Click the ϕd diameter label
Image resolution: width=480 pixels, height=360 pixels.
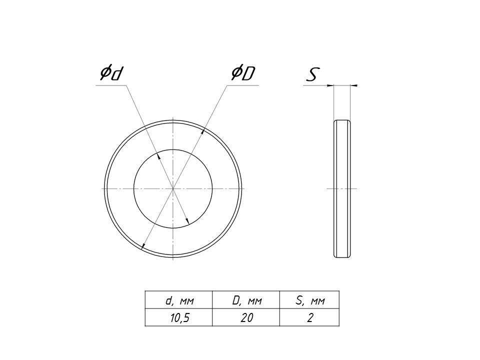111,73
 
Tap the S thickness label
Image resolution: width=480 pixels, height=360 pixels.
313,74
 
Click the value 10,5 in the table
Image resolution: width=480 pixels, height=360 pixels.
179,318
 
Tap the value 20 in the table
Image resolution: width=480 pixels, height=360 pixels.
246,318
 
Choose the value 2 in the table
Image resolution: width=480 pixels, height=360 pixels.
310,318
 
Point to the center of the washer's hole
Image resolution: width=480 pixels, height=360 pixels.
173,188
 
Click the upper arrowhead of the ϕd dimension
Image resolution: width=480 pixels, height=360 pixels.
158,156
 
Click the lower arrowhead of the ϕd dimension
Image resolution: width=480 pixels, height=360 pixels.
187,220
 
